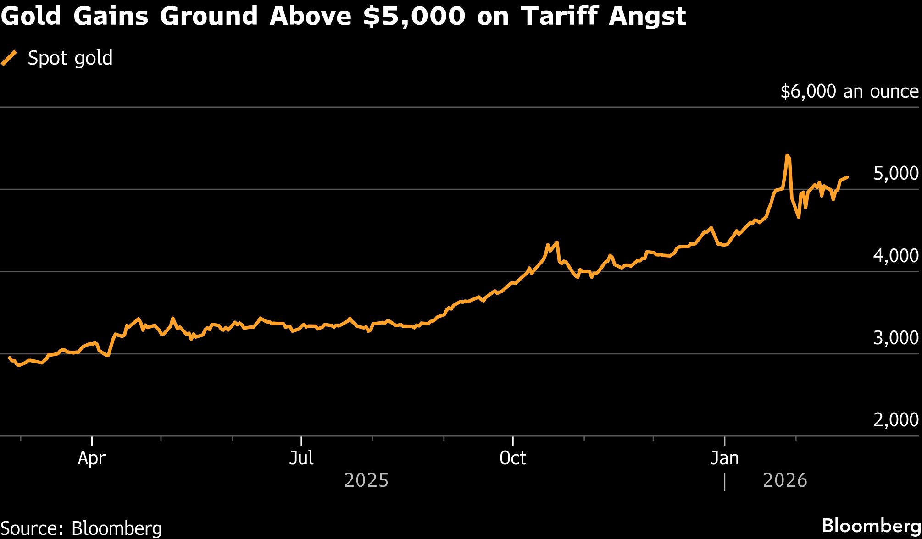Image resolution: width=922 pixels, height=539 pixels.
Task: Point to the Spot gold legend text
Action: pyautogui.click(x=70, y=58)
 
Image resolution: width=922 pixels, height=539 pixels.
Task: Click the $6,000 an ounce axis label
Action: pyautogui.click(x=849, y=92)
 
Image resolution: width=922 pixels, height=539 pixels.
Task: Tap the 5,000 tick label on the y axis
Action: pyautogui.click(x=895, y=174)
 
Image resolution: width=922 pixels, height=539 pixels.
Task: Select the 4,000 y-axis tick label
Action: pyautogui.click(x=895, y=256)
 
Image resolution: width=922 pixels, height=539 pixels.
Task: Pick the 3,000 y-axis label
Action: pyautogui.click(x=895, y=338)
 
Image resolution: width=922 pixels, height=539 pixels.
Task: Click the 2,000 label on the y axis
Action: pyautogui.click(x=895, y=420)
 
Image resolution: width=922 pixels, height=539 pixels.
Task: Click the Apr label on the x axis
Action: pyautogui.click(x=92, y=458)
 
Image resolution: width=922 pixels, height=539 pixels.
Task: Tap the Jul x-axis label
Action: pyautogui.click(x=301, y=458)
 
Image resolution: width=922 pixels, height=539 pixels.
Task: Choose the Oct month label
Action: pyautogui.click(x=512, y=458)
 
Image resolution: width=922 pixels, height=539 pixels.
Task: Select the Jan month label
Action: pyautogui.click(x=724, y=458)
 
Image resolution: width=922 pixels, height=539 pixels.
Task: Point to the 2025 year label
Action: pyautogui.click(x=366, y=480)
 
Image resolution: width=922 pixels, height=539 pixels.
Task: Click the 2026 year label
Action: pyautogui.click(x=785, y=480)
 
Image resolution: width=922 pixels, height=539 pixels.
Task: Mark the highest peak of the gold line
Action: pyautogui.click(x=787, y=155)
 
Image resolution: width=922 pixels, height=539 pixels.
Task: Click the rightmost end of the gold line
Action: pyautogui.click(x=847, y=177)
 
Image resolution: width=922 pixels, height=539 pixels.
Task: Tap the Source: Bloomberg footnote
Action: pyautogui.click(x=81, y=528)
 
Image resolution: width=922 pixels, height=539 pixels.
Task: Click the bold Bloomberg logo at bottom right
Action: pyautogui.click(x=871, y=526)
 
